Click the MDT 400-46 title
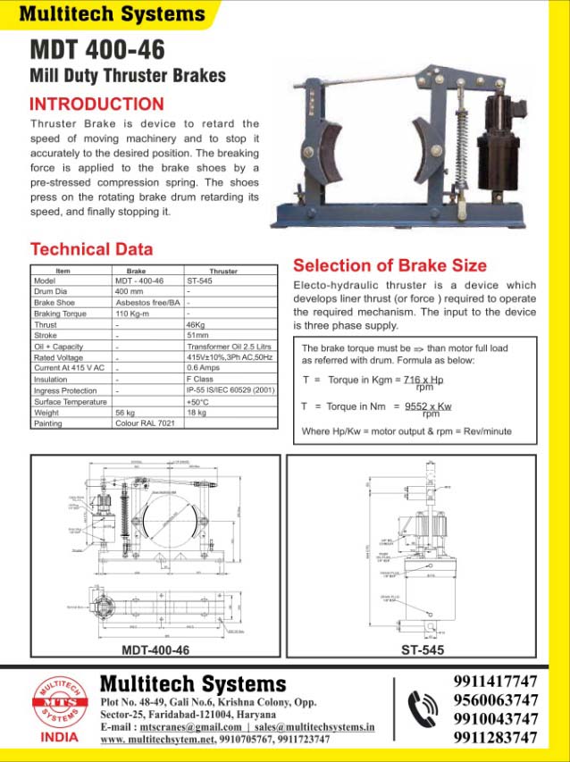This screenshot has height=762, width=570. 85,48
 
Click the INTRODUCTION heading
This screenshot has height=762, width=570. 97,104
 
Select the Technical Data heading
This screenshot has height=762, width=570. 92,249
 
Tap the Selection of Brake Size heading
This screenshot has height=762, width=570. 390,265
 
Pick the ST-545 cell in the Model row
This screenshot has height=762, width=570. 199,281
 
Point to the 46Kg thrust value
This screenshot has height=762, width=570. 197,325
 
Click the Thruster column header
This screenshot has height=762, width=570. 223,271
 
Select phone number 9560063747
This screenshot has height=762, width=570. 496,699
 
